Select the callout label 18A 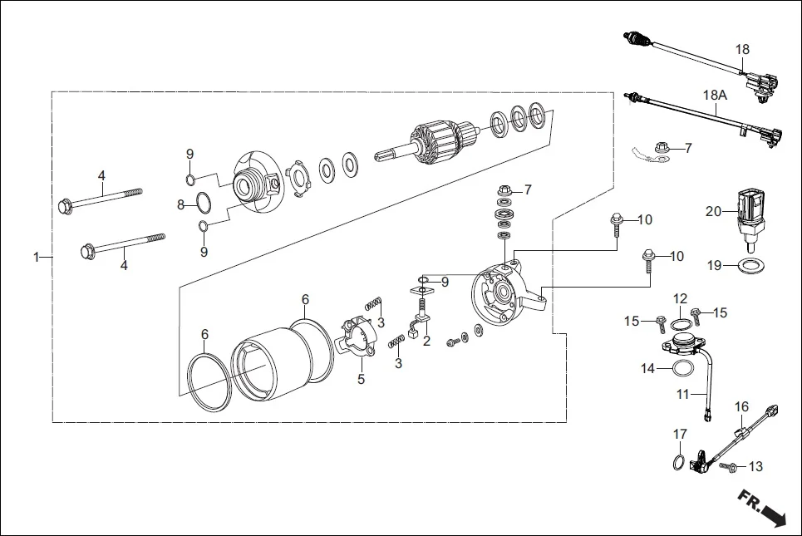pyautogui.click(x=715, y=96)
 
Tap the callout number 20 pyautogui.click(x=713, y=211)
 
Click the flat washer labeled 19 pyautogui.click(x=753, y=266)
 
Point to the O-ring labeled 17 pyautogui.click(x=679, y=462)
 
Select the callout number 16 pyautogui.click(x=742, y=406)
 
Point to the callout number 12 pyautogui.click(x=680, y=298)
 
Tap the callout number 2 pyautogui.click(x=426, y=341)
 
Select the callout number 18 pyautogui.click(x=742, y=49)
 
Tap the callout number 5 pyautogui.click(x=362, y=380)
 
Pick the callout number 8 pyautogui.click(x=180, y=204)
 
